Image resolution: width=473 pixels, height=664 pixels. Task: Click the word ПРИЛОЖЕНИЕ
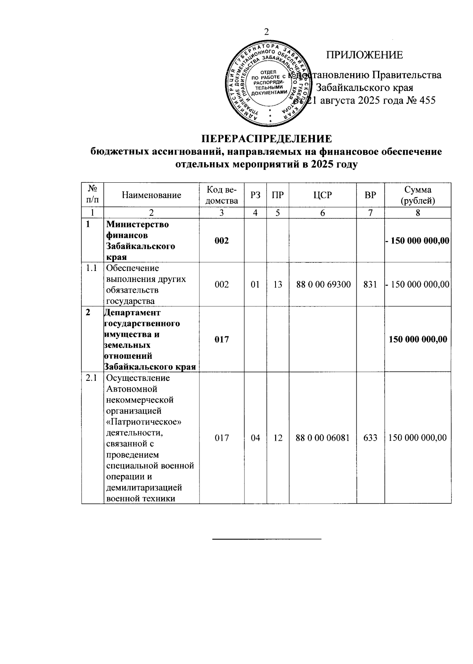(x=364, y=55)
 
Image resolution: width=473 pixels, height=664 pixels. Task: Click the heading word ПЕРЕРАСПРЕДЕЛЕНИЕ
(x=266, y=139)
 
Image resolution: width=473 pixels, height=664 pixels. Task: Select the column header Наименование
(x=151, y=195)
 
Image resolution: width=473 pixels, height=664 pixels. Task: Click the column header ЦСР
(x=322, y=195)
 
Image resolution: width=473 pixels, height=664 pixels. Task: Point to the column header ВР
(x=370, y=195)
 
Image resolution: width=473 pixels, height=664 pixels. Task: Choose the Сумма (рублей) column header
(x=417, y=195)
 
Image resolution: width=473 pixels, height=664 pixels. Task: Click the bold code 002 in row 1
(x=222, y=241)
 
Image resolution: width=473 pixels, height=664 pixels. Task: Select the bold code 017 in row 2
(x=222, y=339)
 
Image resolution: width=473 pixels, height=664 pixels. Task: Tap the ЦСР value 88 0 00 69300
(x=323, y=284)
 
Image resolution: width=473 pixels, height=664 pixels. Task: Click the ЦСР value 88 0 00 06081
(x=322, y=438)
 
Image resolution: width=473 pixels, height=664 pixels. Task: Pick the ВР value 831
(x=370, y=284)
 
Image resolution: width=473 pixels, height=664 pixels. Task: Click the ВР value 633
(x=370, y=438)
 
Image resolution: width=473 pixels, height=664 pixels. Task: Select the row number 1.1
(x=92, y=268)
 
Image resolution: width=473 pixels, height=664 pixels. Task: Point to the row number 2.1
(x=92, y=378)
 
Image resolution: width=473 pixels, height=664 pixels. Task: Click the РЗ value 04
(x=255, y=438)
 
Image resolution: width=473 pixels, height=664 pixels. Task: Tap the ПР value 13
(x=277, y=284)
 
